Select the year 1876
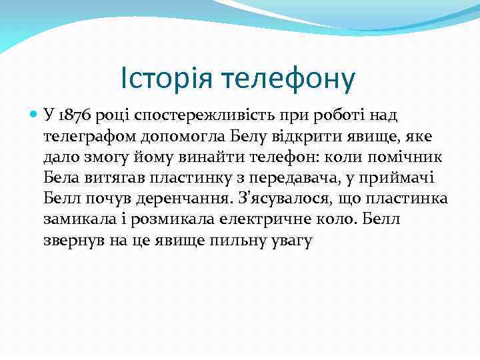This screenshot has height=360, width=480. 76,115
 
